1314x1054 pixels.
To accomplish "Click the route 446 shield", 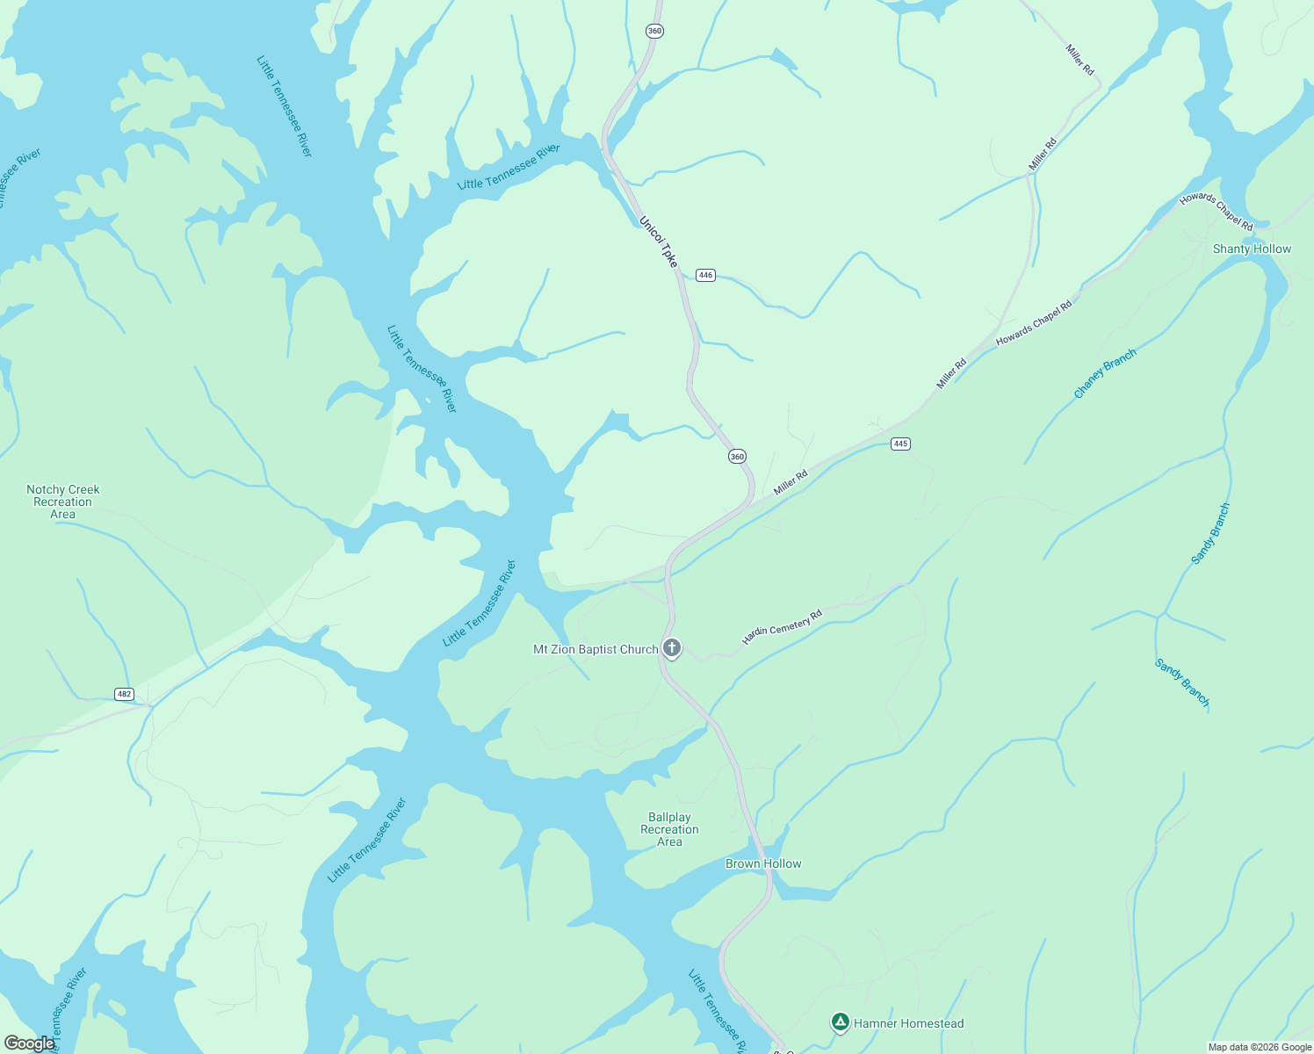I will tap(705, 275).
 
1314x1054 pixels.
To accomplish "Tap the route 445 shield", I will tap(900, 444).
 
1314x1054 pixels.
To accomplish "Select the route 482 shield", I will tap(124, 694).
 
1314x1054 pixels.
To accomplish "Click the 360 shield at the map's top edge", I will tap(654, 31).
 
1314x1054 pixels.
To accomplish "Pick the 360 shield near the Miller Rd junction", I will tap(737, 456).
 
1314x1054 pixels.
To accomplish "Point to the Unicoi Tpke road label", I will tap(659, 242).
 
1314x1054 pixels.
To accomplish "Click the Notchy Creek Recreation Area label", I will tap(63, 502).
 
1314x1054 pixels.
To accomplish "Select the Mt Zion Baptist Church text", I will tap(596, 649).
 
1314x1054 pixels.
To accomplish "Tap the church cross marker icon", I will tap(672, 648).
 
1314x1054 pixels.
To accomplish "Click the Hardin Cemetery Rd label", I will tap(782, 626).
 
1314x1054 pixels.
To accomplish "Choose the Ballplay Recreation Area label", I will tap(669, 829).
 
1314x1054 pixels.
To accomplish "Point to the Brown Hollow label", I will tap(763, 863).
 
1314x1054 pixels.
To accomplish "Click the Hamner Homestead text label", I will tap(908, 1023).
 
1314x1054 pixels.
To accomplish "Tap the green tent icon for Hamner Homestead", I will tap(841, 1022).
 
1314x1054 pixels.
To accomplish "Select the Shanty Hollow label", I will tap(1252, 249).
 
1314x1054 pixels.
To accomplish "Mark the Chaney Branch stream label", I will tap(1105, 373).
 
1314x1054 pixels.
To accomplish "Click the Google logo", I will tap(29, 1043).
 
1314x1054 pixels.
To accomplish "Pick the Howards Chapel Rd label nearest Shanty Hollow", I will tap(1216, 212).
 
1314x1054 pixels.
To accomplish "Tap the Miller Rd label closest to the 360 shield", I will tap(791, 481).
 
